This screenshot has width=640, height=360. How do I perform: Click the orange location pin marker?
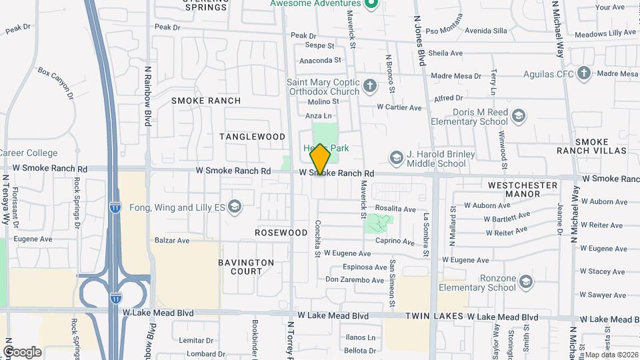pyautogui.click(x=321, y=159)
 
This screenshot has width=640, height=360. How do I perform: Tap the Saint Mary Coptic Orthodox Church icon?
pyautogui.click(x=369, y=86)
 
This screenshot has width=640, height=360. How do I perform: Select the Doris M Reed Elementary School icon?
pyautogui.click(x=518, y=117)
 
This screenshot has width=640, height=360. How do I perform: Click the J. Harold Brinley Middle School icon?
pyautogui.click(x=396, y=158)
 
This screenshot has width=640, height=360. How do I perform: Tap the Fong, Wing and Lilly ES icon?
pyautogui.click(x=234, y=207)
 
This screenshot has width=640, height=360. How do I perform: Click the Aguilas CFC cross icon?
pyautogui.click(x=584, y=73)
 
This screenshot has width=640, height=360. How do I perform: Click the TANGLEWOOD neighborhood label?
pyautogui.click(x=253, y=137)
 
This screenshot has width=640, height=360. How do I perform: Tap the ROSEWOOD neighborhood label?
pyautogui.click(x=281, y=233)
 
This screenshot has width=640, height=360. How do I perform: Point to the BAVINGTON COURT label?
pyautogui.click(x=246, y=267)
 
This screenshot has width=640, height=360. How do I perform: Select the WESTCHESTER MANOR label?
pyautogui.click(x=523, y=189)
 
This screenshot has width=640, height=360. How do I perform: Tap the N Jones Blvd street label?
pyautogui.click(x=419, y=40)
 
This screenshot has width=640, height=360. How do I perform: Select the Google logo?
pyautogui.click(x=22, y=351)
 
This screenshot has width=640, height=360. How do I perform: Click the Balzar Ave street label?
pyautogui.click(x=173, y=240)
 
